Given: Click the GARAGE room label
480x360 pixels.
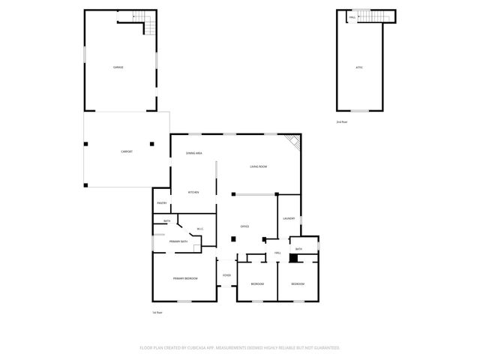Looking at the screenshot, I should (118, 67).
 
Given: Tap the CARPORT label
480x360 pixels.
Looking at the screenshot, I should (127, 152).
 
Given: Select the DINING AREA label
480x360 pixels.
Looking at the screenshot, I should (194, 154).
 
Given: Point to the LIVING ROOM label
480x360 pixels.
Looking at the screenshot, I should (259, 166).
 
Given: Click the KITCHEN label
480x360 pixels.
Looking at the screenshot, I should (193, 193).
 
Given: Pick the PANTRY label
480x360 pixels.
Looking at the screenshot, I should (161, 203).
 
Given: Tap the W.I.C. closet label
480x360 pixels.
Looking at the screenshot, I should (200, 229).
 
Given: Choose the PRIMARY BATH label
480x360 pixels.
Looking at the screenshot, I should (178, 241).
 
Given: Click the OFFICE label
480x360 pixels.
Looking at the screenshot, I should (244, 226).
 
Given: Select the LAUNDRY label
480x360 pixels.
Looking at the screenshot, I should (289, 218).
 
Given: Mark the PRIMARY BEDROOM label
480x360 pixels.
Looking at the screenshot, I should (184, 278).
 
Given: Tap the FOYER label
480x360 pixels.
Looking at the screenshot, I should (226, 276).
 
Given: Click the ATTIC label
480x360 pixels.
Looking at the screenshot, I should (359, 67).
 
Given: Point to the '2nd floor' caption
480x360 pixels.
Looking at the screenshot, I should (342, 121).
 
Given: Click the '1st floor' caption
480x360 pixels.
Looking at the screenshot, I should (157, 312).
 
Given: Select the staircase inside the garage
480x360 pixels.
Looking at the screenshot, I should (148, 24).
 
